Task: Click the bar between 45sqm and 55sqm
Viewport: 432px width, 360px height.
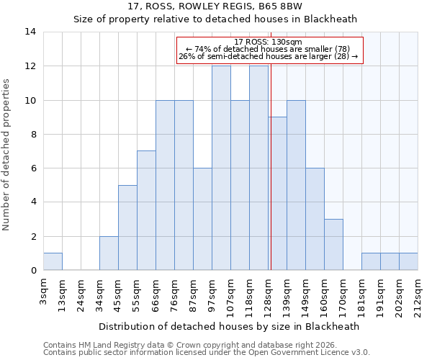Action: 127,228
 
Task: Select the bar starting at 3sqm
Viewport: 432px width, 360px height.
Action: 53,261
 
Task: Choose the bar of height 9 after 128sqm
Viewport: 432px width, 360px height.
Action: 277,194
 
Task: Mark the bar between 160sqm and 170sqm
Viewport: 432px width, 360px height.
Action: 333,245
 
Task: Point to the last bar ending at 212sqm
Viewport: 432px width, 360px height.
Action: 408,261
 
